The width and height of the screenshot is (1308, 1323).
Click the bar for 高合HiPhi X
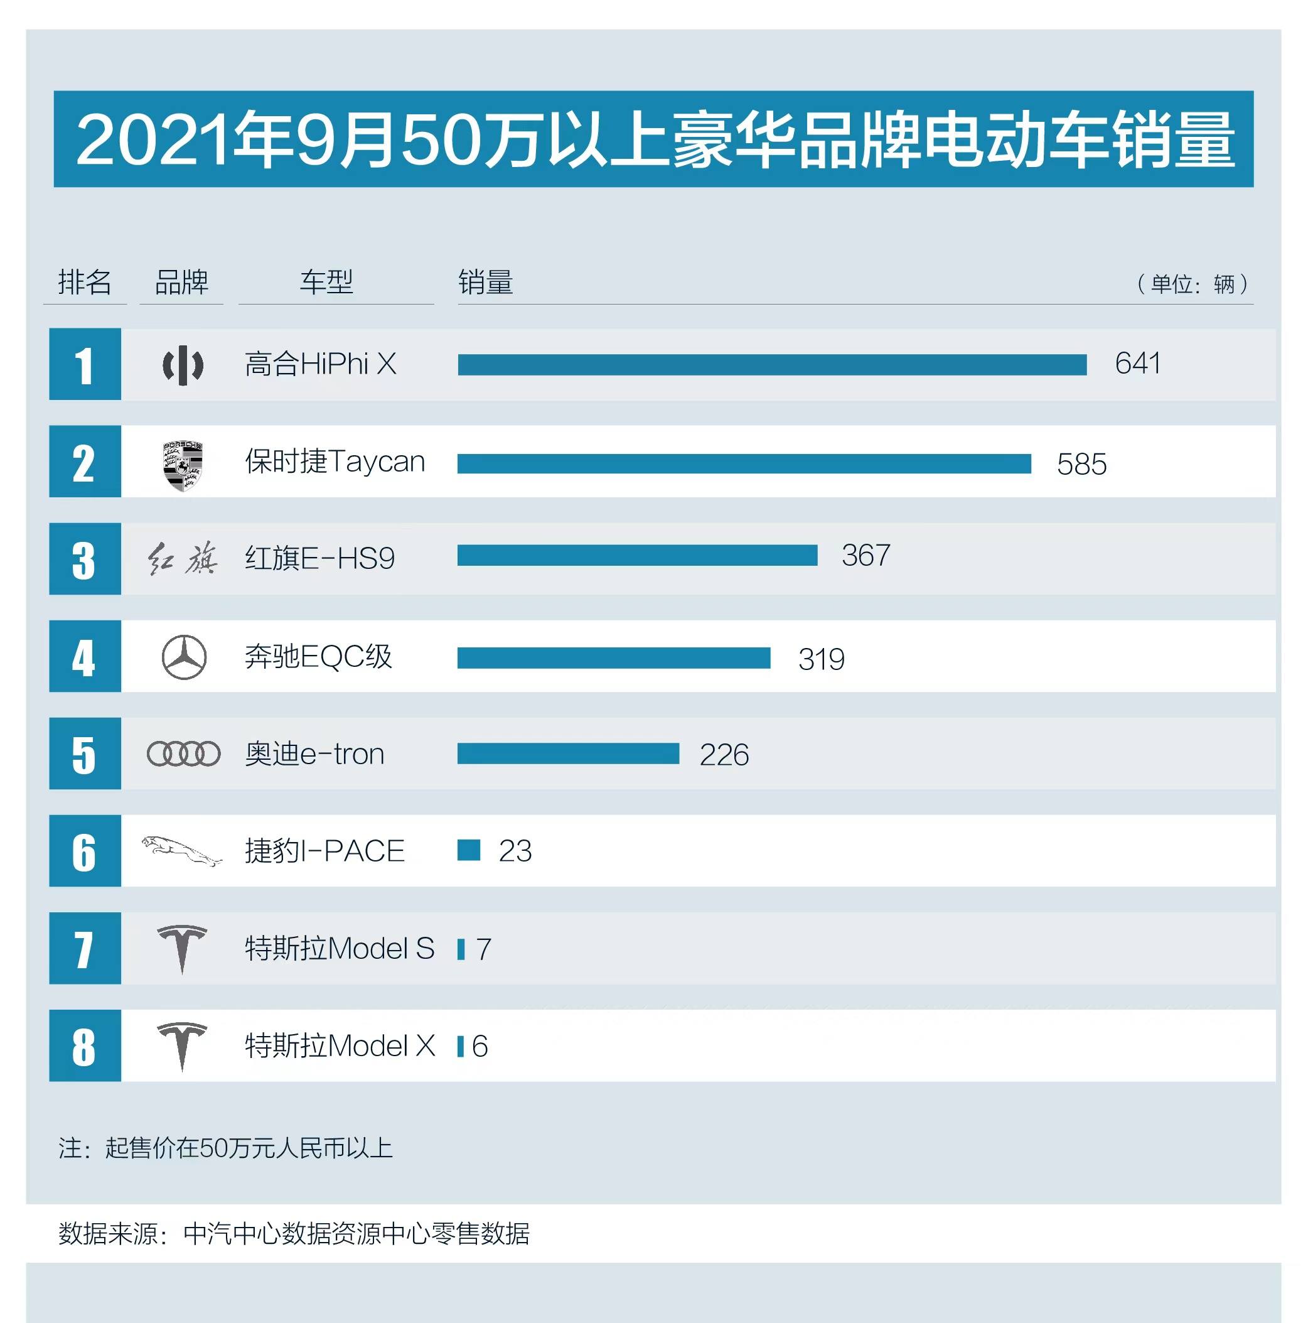(771, 365)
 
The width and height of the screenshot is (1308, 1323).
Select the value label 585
(1081, 464)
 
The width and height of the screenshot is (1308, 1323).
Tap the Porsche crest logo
(183, 465)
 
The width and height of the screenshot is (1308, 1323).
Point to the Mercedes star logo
(183, 657)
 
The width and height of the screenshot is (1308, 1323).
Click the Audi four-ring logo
(183, 754)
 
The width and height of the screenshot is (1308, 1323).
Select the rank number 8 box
(85, 1045)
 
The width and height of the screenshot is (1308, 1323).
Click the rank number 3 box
(85, 559)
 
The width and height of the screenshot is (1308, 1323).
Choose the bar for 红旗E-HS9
(636, 555)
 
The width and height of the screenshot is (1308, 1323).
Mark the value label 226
(724, 755)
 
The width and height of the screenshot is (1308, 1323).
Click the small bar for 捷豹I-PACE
(469, 850)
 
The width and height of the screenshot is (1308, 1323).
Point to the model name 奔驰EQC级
(318, 657)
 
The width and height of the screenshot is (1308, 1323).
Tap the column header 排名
(84, 282)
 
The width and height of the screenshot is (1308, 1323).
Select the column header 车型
(326, 282)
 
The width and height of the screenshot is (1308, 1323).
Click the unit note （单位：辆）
(1193, 284)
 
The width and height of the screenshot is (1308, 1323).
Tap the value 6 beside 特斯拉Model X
(480, 1046)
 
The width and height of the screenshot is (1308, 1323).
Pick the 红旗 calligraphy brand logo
(182, 559)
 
